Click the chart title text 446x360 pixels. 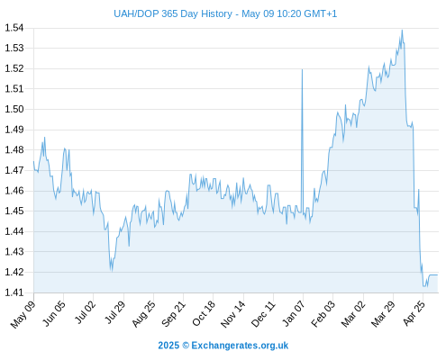click(x=225, y=13)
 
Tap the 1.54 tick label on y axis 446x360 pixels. click(x=14, y=28)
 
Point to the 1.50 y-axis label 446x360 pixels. click(x=14, y=109)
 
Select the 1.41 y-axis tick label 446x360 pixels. click(x=14, y=292)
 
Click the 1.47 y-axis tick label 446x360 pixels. click(x=14, y=170)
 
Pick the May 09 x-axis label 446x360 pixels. click(x=23, y=314)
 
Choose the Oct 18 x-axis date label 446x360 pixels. click(x=204, y=313)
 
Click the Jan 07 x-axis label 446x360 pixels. click(x=294, y=313)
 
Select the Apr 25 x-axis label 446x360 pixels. click(x=414, y=313)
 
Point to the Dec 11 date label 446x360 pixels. click(x=263, y=314)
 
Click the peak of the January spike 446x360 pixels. click(x=302, y=69)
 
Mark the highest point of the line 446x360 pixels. click(x=402, y=30)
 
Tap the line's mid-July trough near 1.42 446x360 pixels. click(x=112, y=271)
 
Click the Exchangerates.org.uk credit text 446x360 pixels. click(x=240, y=346)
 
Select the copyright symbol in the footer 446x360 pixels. click(x=186, y=346)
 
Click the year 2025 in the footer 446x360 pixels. click(x=168, y=346)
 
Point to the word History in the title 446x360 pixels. click(x=216, y=13)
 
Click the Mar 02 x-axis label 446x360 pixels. click(x=353, y=313)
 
